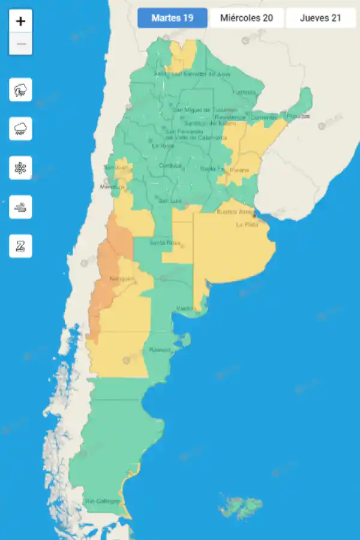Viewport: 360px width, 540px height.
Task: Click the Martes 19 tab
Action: point(172,18)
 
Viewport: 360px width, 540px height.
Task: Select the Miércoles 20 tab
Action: point(247,18)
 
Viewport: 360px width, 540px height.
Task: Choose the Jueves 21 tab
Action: point(320,18)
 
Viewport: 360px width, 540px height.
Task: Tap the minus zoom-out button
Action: point(20,44)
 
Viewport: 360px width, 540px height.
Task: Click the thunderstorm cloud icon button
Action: point(20,90)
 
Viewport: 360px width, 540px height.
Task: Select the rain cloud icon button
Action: point(20,129)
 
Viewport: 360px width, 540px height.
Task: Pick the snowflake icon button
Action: point(20,168)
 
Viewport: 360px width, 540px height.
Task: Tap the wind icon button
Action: point(20,207)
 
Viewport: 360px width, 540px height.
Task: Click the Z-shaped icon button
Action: point(20,246)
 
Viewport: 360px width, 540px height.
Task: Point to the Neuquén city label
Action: point(122,280)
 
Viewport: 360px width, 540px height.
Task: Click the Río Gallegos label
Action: point(103,501)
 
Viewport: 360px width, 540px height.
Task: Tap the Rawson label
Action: point(160,349)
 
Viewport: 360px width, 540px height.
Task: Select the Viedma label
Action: point(185,308)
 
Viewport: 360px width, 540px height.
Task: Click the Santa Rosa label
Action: point(164,242)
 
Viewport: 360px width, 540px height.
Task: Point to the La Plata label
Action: point(247,224)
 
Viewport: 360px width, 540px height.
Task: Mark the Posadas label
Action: point(297,116)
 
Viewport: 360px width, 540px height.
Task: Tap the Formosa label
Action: point(244,92)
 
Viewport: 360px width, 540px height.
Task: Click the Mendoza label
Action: point(110,187)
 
